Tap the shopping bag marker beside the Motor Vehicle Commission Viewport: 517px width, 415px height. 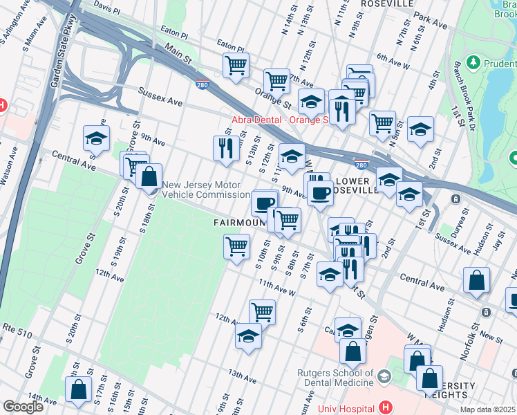click(149, 177)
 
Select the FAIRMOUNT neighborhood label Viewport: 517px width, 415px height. click(238, 223)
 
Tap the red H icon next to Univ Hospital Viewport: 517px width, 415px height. click(385, 408)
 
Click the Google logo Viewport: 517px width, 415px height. click(23, 407)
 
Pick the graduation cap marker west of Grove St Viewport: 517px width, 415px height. click(96, 138)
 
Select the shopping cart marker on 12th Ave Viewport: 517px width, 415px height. click(262, 313)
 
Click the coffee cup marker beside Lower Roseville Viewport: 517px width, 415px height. click(319, 193)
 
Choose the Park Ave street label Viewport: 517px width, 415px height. click(432, 21)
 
